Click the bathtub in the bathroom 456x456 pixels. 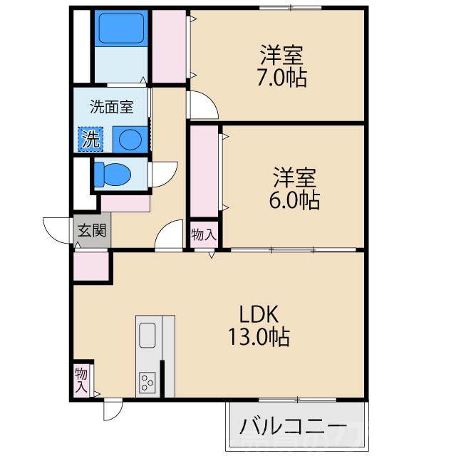[121, 29]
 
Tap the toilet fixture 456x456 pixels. [114, 174]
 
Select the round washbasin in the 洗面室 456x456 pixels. [130, 138]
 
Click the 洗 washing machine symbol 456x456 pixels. [90, 139]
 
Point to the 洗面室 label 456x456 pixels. [111, 108]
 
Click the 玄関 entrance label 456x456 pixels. [92, 230]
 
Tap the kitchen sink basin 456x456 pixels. [147, 334]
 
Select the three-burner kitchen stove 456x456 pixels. [148, 382]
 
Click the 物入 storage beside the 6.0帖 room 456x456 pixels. [203, 234]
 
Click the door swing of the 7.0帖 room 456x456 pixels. [203, 105]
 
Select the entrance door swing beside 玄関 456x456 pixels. [57, 228]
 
